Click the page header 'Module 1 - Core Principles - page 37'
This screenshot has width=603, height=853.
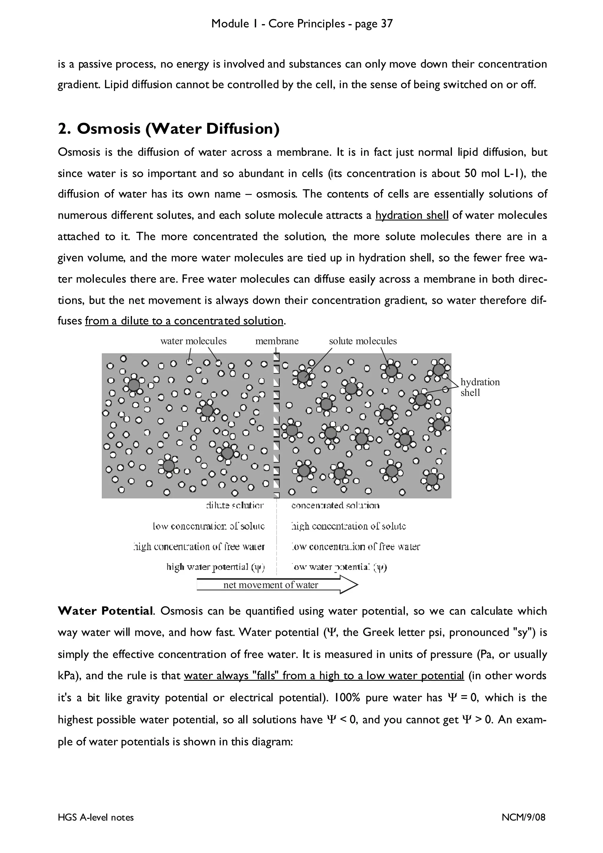point(302,24)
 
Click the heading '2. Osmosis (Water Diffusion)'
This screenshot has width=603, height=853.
point(169,129)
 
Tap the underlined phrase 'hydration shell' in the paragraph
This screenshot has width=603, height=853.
point(412,215)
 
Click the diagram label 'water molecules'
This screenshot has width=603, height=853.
point(193,341)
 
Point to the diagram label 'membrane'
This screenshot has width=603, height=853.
point(277,341)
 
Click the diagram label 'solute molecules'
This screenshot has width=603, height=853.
point(363,341)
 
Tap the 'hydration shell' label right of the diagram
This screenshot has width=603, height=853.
point(480,387)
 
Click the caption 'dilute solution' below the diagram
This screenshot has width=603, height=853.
point(235,505)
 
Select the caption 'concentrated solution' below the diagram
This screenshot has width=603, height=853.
point(335,505)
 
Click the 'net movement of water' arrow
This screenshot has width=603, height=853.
point(277,585)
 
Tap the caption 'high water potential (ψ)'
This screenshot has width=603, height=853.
point(216,567)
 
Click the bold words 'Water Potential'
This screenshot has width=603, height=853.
point(105,611)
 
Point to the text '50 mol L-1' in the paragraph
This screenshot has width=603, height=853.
point(494,173)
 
